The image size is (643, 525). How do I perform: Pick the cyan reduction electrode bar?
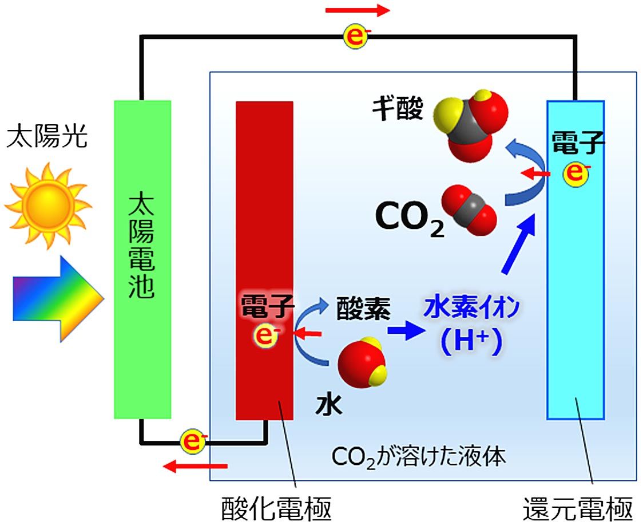(x=575, y=286)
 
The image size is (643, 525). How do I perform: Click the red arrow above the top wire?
(x=357, y=11)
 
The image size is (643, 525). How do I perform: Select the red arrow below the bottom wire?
(x=195, y=466)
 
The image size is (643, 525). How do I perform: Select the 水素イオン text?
(x=471, y=309)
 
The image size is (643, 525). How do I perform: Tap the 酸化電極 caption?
(x=276, y=509)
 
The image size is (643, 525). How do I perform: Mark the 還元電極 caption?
(x=578, y=509)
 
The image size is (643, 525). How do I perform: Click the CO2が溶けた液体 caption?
(x=419, y=457)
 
